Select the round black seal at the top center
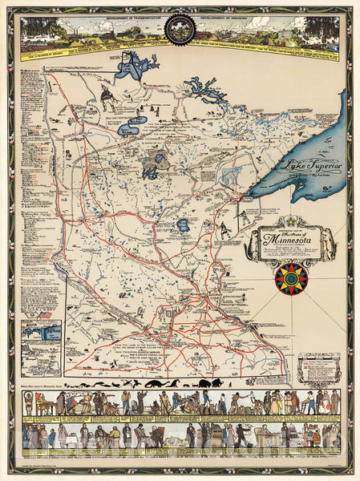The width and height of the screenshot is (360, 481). pos(180,30)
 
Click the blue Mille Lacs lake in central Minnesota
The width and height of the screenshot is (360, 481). pos(182,225)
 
